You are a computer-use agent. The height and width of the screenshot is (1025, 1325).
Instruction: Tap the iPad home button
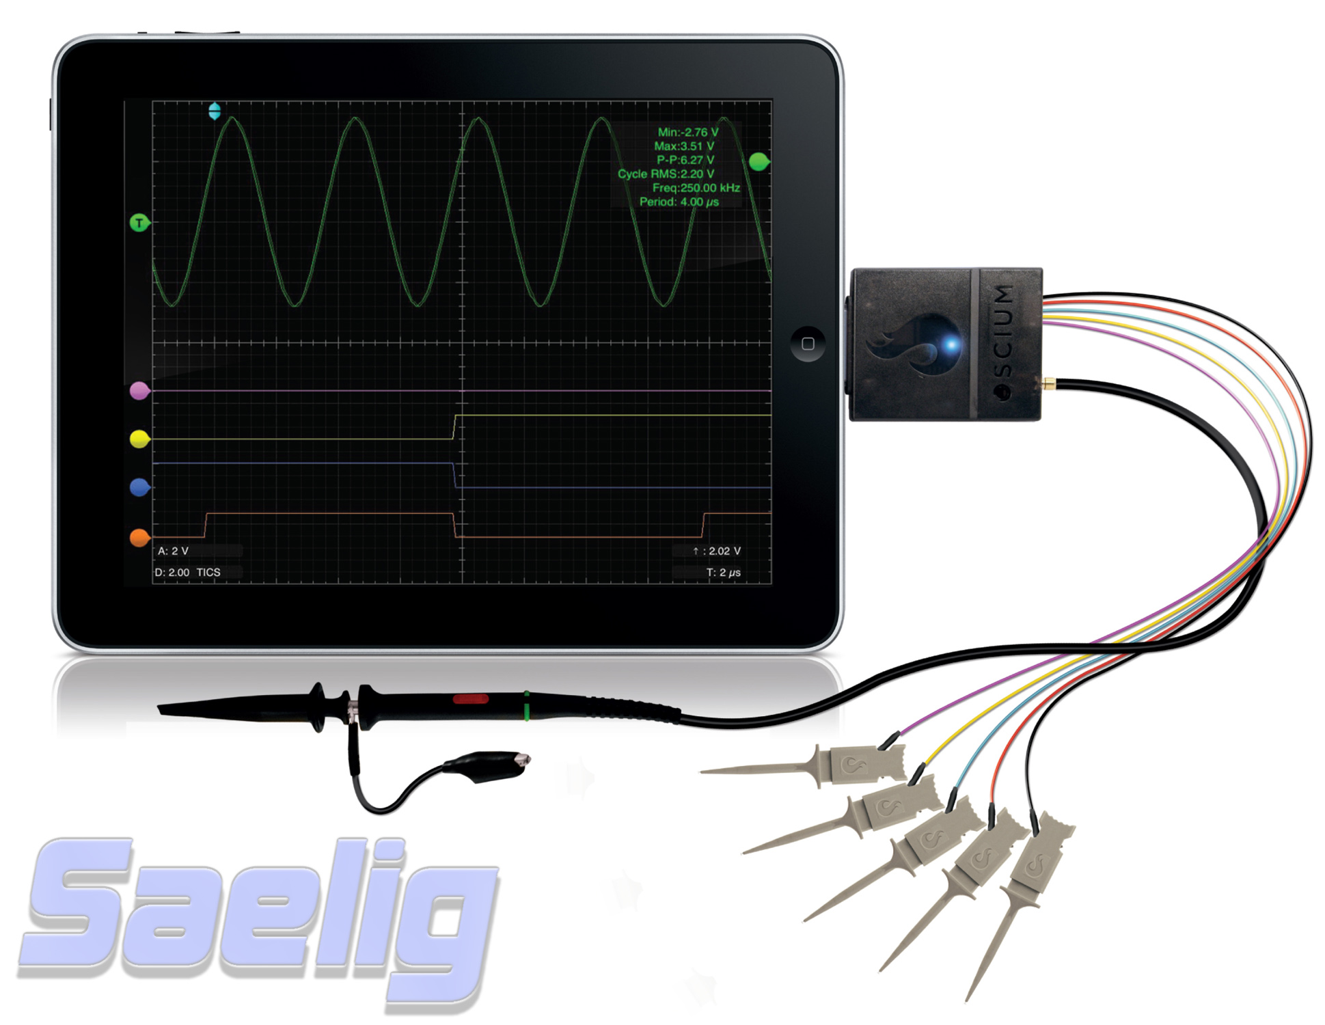807,343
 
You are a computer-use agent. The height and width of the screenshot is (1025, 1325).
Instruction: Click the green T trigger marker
140,223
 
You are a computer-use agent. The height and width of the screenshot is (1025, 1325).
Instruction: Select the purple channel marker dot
140,390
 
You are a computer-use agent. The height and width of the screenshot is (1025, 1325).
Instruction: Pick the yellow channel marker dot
140,439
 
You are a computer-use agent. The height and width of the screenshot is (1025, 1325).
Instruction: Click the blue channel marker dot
140,487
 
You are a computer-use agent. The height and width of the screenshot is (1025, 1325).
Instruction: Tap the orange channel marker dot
140,538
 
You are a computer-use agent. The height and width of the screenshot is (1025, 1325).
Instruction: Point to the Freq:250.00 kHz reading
696,187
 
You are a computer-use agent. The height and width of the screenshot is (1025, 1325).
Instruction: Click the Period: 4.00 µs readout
679,202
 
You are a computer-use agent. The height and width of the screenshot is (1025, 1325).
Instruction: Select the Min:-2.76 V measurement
687,132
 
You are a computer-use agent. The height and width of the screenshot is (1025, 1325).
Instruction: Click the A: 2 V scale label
173,551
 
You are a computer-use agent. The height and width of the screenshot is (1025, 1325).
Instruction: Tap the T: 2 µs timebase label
723,573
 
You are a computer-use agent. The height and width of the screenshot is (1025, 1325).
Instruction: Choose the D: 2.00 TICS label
187,573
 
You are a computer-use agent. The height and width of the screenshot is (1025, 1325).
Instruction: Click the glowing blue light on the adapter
950,344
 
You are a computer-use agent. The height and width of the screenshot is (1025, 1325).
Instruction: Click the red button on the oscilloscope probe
470,699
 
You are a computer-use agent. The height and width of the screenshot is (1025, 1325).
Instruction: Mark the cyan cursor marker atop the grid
215,111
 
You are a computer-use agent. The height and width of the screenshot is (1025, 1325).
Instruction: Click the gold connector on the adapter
1047,384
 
